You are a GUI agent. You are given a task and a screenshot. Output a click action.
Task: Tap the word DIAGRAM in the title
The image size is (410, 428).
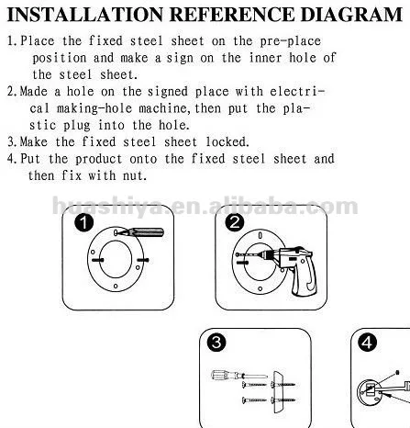coord(351,15)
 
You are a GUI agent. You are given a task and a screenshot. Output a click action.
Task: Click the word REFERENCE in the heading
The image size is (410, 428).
coord(231,15)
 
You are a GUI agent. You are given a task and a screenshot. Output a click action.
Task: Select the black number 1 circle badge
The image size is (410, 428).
coord(83,222)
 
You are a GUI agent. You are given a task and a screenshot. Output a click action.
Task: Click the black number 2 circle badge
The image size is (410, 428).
coord(235,222)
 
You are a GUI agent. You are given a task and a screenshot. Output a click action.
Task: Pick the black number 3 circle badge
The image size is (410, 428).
coord(216,343)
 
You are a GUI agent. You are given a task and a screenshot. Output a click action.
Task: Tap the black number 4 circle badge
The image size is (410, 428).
coord(367,343)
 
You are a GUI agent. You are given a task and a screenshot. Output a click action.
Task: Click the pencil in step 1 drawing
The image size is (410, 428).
coord(143,232)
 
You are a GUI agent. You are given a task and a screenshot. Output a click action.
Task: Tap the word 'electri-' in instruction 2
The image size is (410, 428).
coord(297,92)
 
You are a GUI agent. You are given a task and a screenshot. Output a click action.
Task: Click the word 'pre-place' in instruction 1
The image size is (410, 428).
coord(291,41)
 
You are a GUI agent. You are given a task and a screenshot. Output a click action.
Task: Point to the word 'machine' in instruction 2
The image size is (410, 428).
coord(165,108)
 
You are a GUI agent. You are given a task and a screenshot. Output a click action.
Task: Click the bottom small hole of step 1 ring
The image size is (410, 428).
coord(116,286)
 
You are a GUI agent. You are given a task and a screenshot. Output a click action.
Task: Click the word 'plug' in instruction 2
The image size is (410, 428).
coord(77,126)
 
